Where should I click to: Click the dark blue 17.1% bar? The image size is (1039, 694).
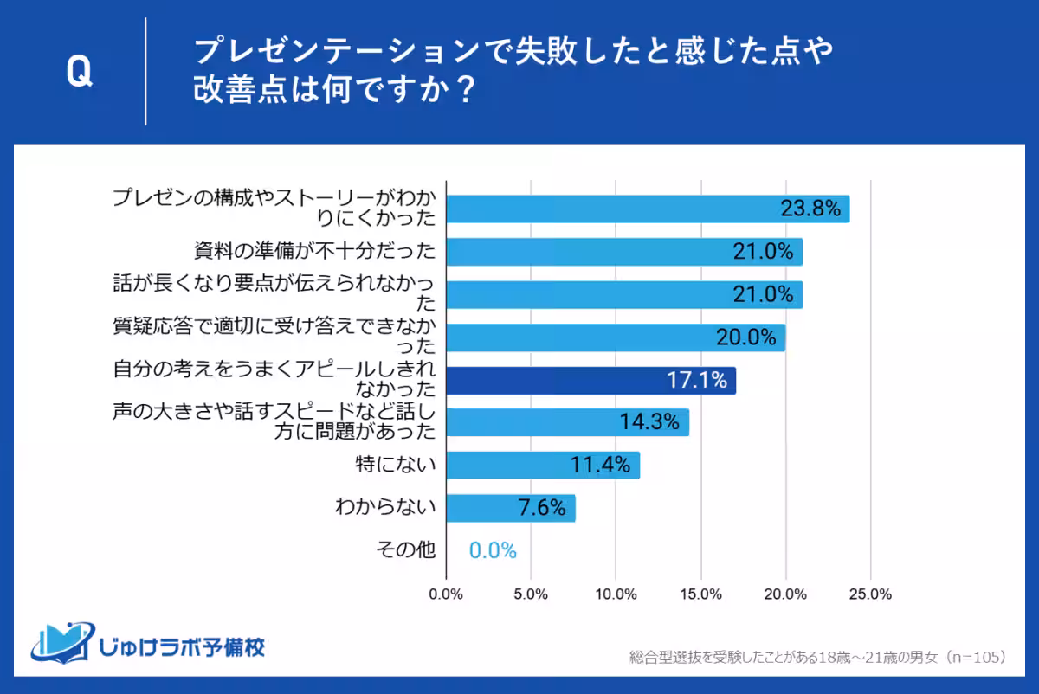[590, 380]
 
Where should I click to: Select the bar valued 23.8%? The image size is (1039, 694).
[648, 209]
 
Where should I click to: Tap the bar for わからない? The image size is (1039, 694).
[510, 508]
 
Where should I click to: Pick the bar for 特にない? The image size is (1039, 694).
[543, 466]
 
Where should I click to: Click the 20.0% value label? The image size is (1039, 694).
[745, 337]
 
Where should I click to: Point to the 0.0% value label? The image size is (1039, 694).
[493, 550]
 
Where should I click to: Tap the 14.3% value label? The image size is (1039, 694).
[649, 423]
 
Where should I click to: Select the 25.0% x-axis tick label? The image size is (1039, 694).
[869, 594]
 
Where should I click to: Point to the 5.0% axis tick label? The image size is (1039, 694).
[530, 594]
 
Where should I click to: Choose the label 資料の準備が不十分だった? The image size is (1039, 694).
[314, 252]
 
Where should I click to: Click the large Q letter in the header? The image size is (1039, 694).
[79, 73]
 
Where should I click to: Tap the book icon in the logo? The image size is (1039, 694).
[61, 642]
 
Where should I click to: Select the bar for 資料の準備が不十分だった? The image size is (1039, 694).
[624, 252]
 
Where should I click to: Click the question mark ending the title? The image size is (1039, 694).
[465, 91]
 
